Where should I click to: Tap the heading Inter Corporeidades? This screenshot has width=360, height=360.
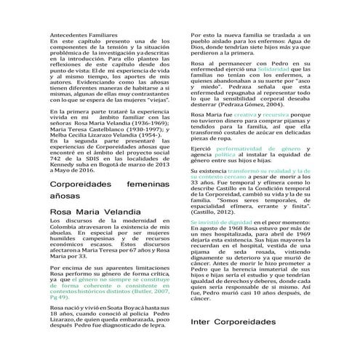233,342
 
